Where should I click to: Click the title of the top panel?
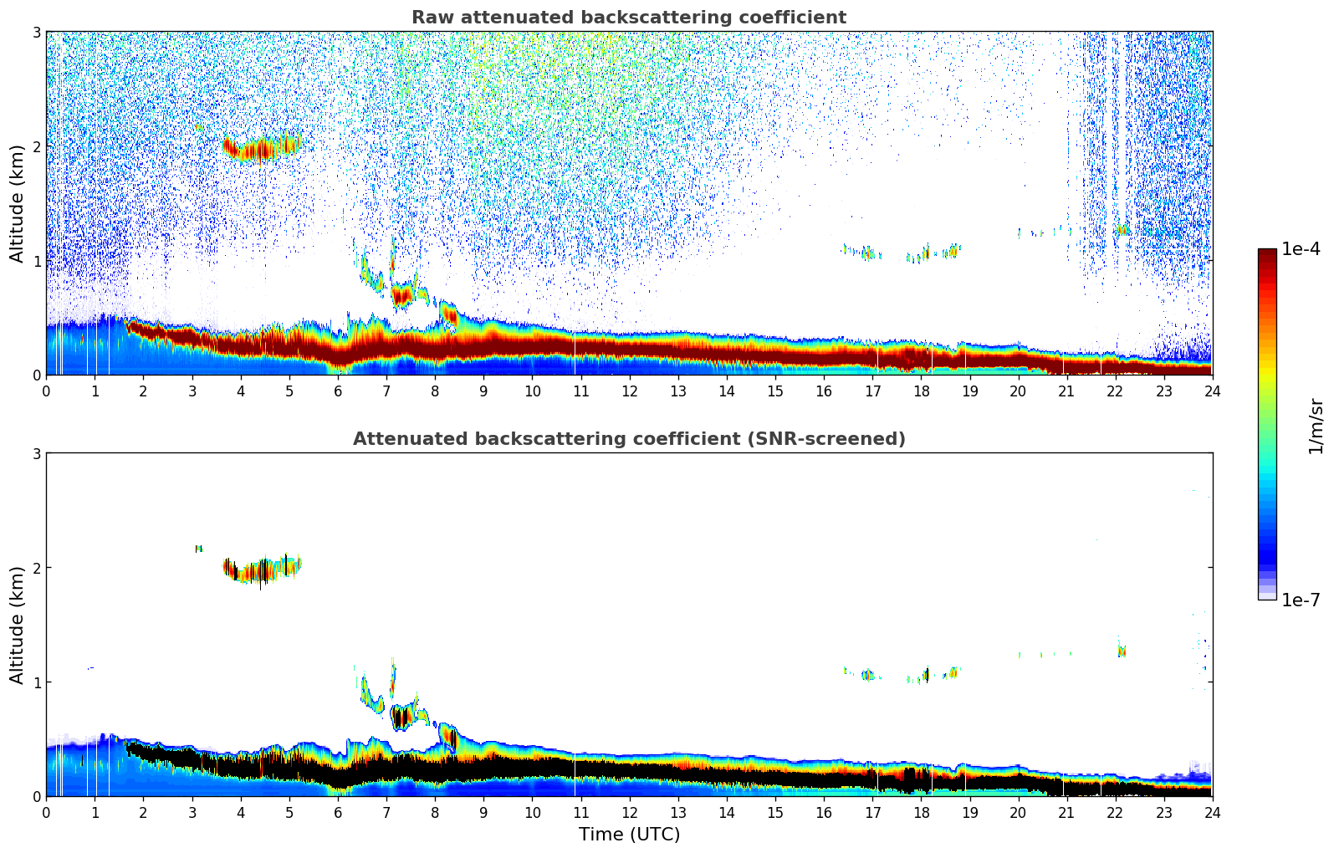628,18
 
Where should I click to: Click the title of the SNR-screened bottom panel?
628,439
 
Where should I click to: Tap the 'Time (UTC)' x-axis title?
629,834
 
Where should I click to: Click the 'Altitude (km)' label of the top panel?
17,203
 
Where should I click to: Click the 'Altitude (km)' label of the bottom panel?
17,625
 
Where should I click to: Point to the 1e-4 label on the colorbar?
1301,249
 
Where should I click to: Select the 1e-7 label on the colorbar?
1301,600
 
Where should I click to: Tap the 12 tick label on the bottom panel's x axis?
629,813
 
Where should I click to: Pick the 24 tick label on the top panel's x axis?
1212,391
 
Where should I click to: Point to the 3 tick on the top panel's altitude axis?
36,32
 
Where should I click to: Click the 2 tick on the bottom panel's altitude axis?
36,568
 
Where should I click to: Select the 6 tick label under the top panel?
338,391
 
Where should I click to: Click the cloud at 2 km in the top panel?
261,149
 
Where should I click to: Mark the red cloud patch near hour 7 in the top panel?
402,294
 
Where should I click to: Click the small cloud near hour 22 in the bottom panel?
1122,650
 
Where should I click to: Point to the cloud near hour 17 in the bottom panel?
868,674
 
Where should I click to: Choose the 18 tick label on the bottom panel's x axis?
921,813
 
